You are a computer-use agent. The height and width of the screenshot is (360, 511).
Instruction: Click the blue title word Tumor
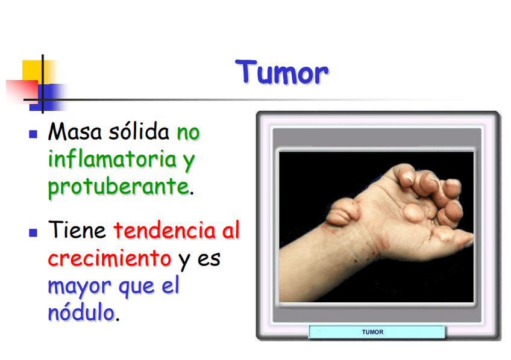(281, 72)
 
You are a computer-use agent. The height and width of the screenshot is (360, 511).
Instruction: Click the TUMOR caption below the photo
(372, 332)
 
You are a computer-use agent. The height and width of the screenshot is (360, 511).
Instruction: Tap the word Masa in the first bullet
(75, 131)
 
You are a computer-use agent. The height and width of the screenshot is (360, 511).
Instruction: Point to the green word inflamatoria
(112, 159)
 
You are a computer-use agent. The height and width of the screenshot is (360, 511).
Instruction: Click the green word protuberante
(119, 187)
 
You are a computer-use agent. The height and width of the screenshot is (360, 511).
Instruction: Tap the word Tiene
(77, 230)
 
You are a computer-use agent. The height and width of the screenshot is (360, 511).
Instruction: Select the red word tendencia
(165, 230)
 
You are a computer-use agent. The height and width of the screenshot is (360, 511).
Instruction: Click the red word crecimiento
(110, 258)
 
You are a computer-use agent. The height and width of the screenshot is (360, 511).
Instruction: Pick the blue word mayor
(80, 287)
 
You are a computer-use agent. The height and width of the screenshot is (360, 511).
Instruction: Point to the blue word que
(137, 287)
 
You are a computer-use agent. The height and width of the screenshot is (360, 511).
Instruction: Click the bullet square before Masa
(33, 134)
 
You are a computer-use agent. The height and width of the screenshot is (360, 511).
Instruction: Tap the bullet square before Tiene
(33, 232)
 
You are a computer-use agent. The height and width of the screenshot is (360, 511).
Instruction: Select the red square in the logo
(22, 91)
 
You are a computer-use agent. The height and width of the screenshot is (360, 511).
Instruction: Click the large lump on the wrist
(342, 213)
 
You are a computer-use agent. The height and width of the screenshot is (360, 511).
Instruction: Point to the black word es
(209, 259)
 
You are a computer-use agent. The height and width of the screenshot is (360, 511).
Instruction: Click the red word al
(231, 230)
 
